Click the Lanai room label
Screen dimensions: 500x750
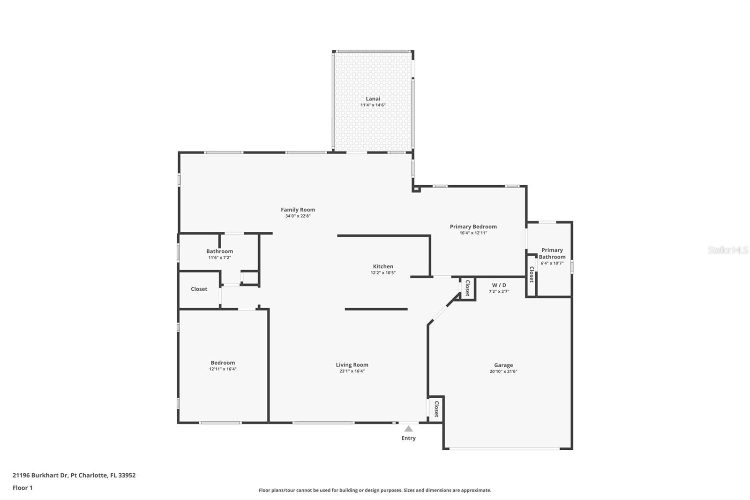coord(373,98)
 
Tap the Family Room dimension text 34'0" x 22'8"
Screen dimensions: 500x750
coord(298,216)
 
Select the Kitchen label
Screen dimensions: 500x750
coord(383,266)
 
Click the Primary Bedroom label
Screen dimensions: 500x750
coord(473,227)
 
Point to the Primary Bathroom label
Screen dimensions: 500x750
coord(552,253)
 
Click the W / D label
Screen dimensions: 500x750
coord(499,285)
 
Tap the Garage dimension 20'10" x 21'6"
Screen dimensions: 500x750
coord(503,371)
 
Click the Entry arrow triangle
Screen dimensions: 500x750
coord(408,429)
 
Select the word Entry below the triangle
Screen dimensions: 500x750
coord(408,438)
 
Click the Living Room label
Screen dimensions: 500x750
coord(352,365)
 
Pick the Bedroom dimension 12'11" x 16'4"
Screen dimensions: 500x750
coord(223,369)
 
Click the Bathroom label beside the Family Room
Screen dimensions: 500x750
coord(219,251)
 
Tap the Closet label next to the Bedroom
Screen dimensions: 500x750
coord(199,289)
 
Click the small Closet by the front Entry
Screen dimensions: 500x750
coord(436,409)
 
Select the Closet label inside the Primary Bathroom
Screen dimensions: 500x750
coord(531,274)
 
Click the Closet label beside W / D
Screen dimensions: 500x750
coord(467,288)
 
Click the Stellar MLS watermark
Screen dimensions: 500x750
coord(727,250)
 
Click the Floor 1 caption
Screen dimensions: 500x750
coord(22,488)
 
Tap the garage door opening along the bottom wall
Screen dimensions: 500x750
coord(504,449)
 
